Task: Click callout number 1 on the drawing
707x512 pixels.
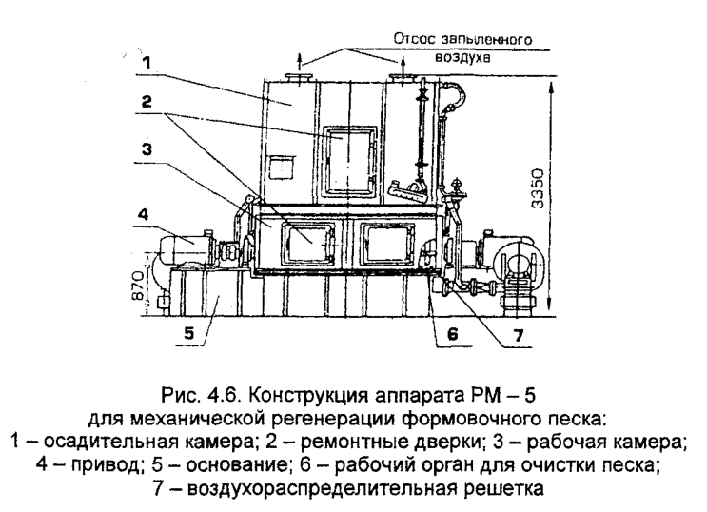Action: [x=146, y=62]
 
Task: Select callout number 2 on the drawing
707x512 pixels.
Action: [x=147, y=102]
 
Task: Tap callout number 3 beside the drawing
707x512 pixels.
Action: [x=147, y=149]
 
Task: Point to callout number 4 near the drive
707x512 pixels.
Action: [x=143, y=214]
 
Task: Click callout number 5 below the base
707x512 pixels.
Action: [x=189, y=333]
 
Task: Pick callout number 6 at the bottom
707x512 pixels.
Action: [x=452, y=334]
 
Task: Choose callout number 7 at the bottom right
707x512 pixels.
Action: [x=519, y=335]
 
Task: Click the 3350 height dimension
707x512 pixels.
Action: [x=538, y=188]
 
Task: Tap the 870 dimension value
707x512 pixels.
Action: [x=139, y=286]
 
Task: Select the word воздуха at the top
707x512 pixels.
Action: [x=462, y=57]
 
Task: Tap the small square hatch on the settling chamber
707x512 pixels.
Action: [x=281, y=167]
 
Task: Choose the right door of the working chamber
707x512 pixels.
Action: [x=389, y=244]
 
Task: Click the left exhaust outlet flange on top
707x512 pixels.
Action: [x=299, y=79]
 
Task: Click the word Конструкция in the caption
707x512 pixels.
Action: [x=307, y=395]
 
